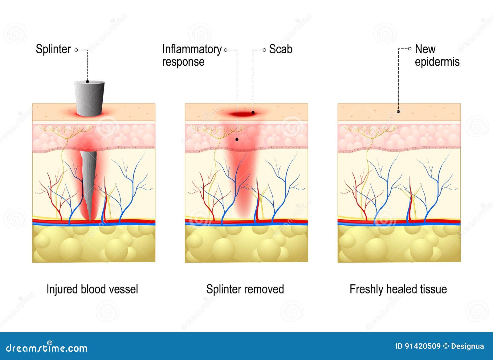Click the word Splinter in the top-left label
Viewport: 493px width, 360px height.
tap(53, 49)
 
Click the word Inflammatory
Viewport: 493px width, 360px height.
tap(192, 49)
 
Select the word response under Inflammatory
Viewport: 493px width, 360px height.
tap(183, 62)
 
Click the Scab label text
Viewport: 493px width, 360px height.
tap(280, 49)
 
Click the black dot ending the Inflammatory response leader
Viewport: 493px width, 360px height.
tap(237, 140)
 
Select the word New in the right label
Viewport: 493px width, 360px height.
tap(425, 49)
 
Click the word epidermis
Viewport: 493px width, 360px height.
tap(437, 62)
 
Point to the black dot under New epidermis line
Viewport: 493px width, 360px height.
tap(398, 112)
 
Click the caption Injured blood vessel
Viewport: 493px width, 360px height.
tap(92, 289)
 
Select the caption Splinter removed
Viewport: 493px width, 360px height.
tap(245, 289)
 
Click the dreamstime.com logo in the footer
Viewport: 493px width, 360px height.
tap(47, 348)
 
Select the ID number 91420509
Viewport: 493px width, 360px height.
tap(422, 346)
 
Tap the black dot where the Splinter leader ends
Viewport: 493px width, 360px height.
tap(88, 82)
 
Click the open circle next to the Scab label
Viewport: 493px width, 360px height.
tap(264, 50)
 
